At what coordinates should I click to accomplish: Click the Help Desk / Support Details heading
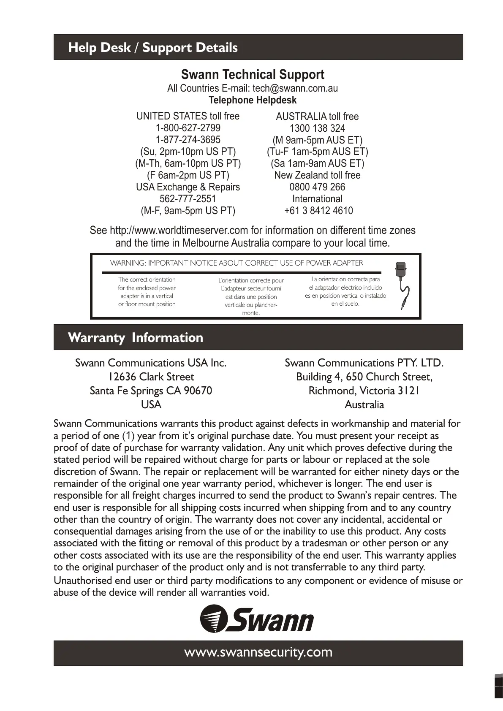click(153, 48)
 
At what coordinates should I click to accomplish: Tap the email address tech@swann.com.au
click(295, 88)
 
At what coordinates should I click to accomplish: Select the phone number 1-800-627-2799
click(188, 128)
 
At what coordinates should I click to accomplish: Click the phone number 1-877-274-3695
click(188, 140)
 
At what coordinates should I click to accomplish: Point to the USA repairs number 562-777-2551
click(188, 199)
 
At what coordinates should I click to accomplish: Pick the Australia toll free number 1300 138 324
click(317, 128)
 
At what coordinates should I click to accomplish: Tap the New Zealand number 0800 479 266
click(317, 187)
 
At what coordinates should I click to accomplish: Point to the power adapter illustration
click(401, 285)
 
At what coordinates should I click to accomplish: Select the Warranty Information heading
click(136, 338)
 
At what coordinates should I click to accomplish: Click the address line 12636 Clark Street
click(151, 377)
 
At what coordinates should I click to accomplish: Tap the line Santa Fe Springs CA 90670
click(151, 391)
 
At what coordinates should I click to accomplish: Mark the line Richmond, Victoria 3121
click(364, 391)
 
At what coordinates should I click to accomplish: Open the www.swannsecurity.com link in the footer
click(258, 652)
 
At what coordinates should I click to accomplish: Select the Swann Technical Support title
click(253, 75)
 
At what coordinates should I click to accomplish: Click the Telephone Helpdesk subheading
click(253, 100)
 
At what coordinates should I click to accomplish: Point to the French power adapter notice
click(251, 296)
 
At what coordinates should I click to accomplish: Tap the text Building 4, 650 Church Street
click(364, 377)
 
